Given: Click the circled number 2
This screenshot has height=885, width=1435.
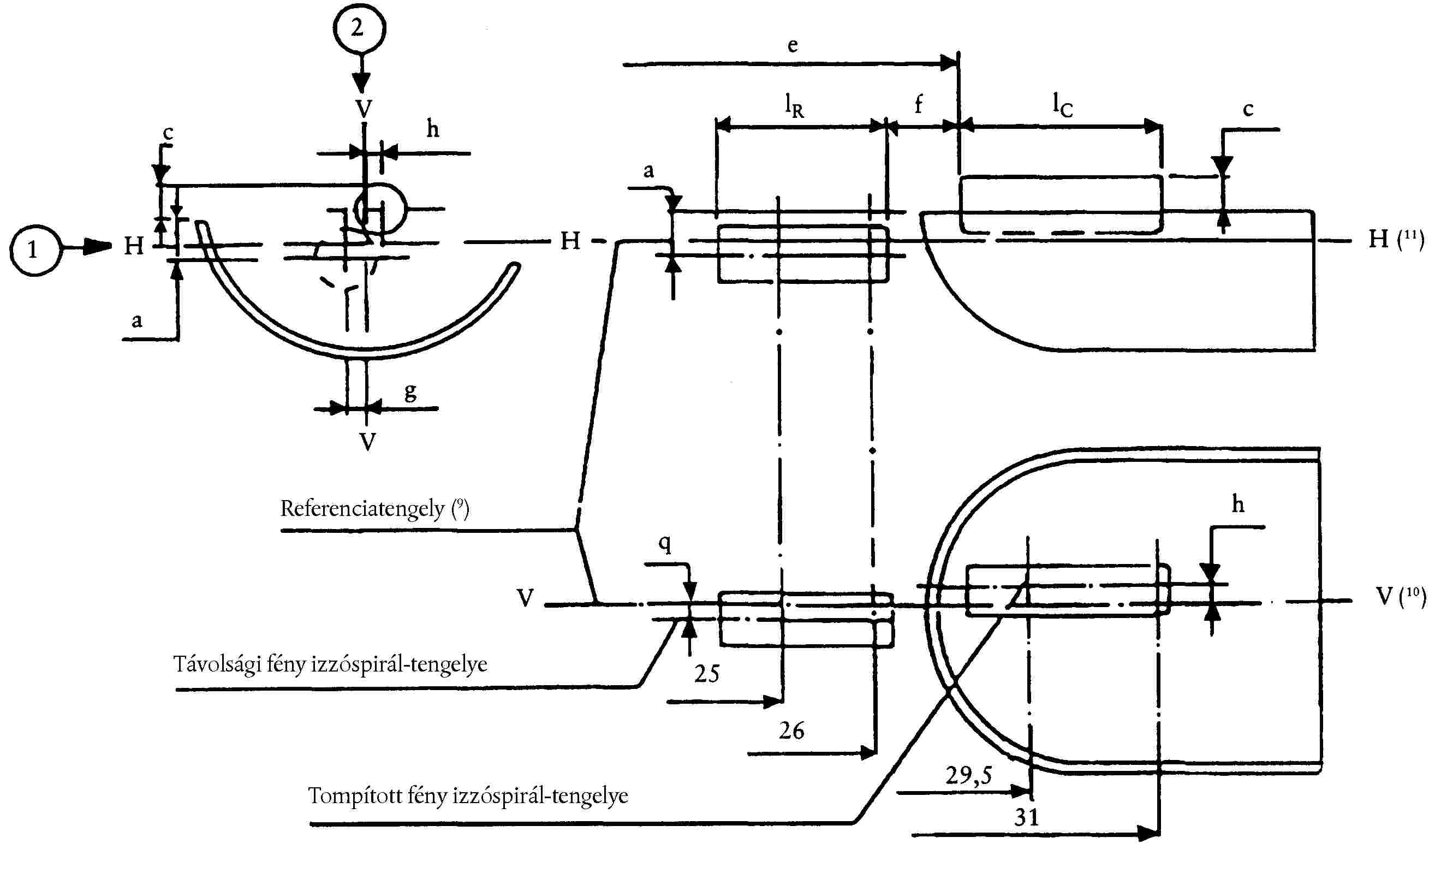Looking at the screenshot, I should (x=359, y=27).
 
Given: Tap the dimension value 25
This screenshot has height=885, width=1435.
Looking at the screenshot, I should (x=707, y=674).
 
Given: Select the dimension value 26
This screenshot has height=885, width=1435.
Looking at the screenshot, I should (x=791, y=730).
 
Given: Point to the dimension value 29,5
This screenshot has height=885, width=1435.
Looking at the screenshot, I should (x=969, y=776).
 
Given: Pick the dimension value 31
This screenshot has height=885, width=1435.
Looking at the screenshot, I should (x=1027, y=817).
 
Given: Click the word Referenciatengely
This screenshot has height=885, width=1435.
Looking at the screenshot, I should (x=362, y=509).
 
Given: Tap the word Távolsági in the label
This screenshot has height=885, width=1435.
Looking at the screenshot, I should (x=217, y=664).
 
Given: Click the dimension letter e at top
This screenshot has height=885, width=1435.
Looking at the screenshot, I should (x=793, y=46).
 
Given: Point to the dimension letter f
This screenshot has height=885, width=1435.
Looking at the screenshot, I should (x=919, y=104).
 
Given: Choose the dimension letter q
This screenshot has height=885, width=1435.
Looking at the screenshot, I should (x=665, y=543).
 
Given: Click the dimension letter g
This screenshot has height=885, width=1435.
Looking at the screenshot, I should (x=410, y=391).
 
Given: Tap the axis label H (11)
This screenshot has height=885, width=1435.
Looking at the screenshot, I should (x=1395, y=239).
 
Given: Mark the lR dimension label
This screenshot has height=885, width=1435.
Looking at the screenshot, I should (x=794, y=105).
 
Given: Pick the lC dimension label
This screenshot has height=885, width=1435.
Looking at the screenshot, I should (x=1062, y=105).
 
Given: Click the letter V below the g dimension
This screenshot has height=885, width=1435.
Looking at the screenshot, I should (x=367, y=441).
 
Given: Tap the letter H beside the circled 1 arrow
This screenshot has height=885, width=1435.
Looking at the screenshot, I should (x=133, y=246).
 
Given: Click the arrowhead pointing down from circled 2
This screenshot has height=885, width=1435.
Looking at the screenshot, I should (x=361, y=82).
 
